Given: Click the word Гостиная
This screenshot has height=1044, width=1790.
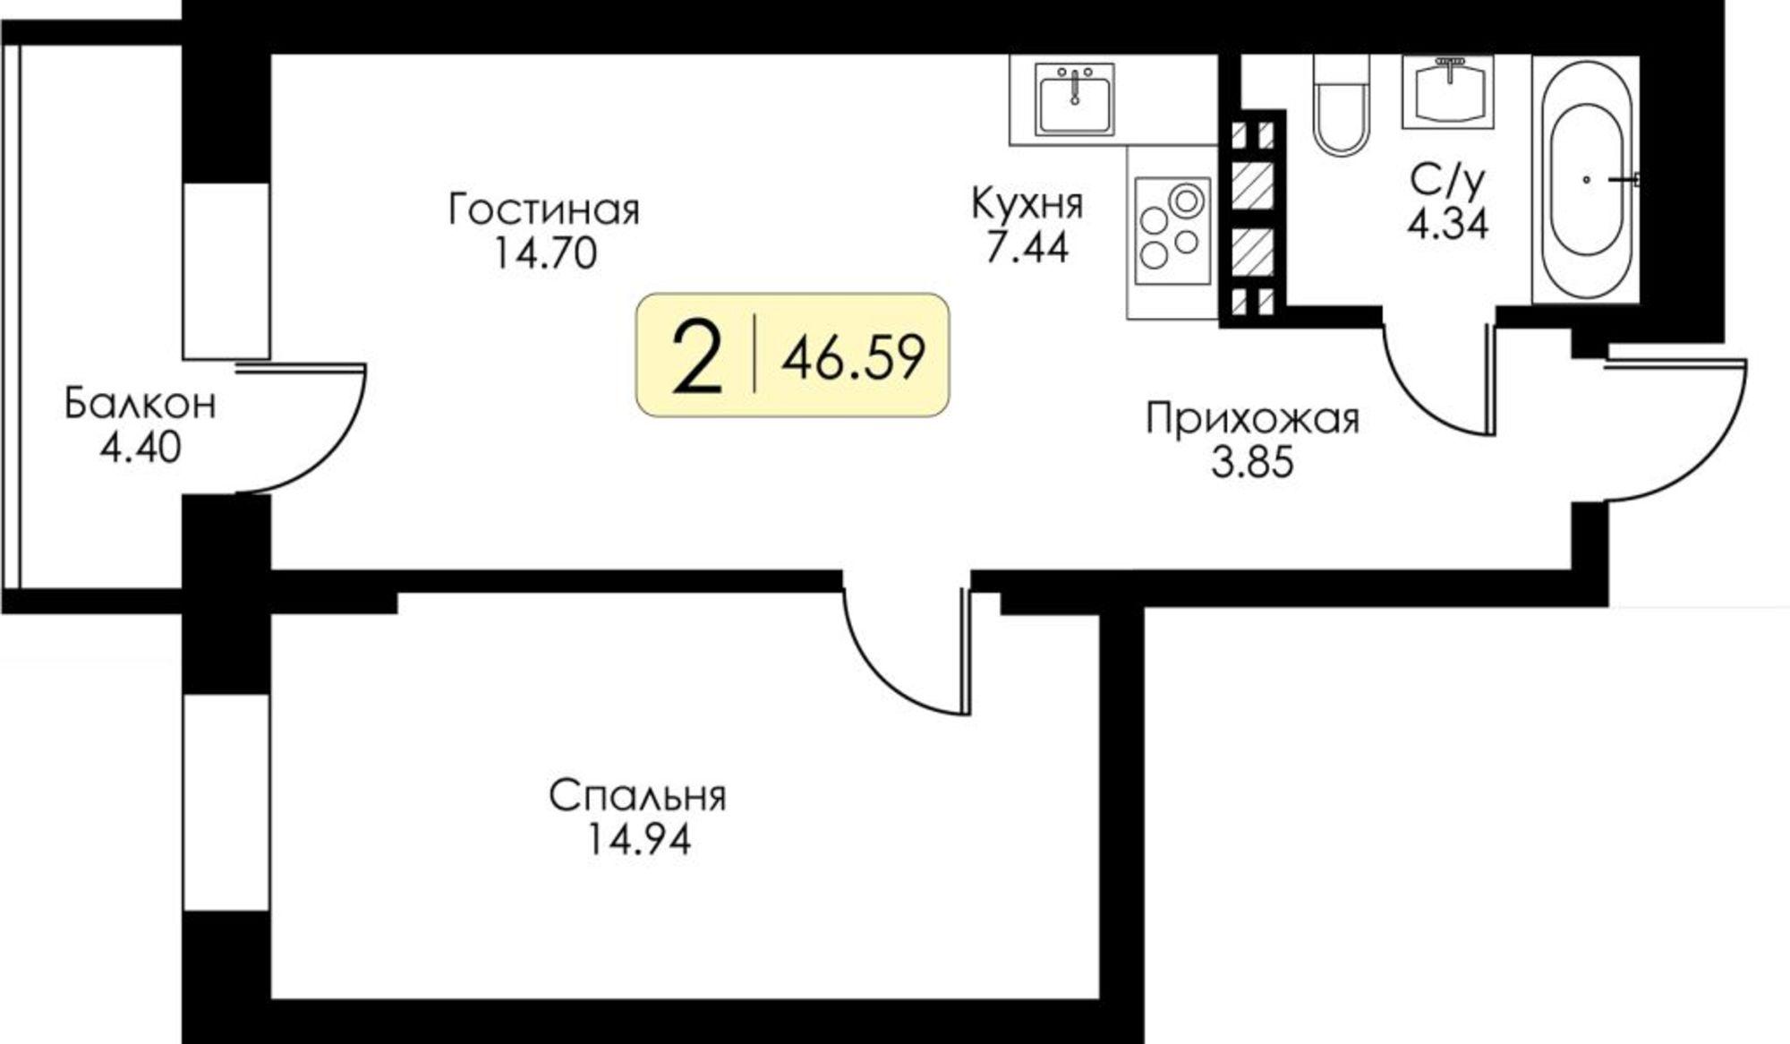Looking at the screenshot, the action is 544,211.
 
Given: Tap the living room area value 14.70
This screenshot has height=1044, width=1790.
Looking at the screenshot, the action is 544,255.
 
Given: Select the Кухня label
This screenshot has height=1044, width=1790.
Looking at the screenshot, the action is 1027,205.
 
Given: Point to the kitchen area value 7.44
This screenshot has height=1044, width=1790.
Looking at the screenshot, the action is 1027,247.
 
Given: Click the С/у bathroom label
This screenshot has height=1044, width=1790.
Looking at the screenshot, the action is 1447,183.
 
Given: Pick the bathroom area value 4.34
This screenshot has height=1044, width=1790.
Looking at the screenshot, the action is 1448,224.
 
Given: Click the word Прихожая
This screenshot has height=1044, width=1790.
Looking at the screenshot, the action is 1253,419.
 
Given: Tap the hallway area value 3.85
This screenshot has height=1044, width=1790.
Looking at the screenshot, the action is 1253,463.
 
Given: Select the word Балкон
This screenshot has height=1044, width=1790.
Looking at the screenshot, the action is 141,404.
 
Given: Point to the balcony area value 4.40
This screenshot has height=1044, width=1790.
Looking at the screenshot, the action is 141,448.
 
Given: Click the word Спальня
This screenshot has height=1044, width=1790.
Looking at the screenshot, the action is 637,796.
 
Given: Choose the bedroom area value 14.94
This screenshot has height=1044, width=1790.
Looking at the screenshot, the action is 639,840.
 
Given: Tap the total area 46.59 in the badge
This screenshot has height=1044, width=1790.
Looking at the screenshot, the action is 853,358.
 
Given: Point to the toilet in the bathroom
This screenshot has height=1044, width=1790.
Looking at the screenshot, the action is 1341,106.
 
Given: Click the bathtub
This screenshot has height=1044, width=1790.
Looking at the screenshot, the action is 1586,179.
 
